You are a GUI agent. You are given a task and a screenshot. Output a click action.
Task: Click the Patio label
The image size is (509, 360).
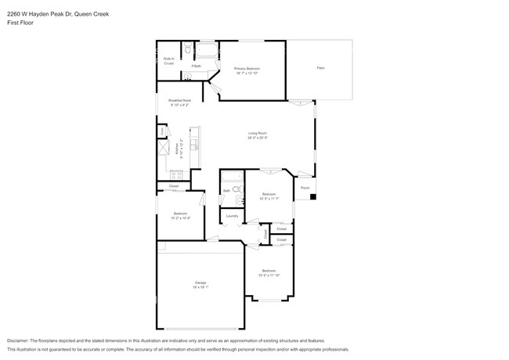coord(320,69)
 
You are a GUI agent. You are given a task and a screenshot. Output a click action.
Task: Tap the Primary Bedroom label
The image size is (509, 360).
coord(247,69)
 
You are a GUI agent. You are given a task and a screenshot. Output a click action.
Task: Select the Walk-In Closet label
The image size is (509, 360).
coord(168,60)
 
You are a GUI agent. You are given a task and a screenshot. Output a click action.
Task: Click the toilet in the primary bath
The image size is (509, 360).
coord(187,51)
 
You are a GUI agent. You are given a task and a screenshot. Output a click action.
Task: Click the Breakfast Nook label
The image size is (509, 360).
coord(179,100)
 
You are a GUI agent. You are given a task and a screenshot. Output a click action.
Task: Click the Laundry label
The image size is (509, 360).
coord(232,216)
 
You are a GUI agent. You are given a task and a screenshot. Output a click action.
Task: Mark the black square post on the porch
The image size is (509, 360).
coord(312,196)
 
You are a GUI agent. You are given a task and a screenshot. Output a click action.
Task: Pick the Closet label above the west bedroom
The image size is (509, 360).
coord(174,186)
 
